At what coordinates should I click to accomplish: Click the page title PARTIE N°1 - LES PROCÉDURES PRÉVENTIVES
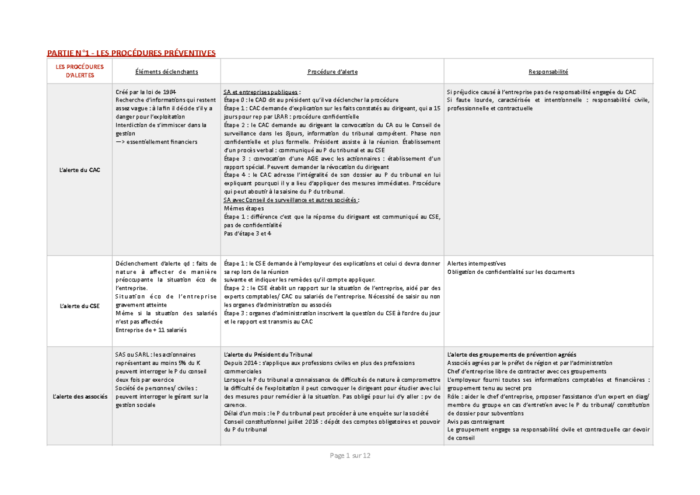[x=131, y=53]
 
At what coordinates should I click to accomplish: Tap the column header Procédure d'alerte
[x=332, y=72]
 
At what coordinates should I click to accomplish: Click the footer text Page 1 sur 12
[x=350, y=455]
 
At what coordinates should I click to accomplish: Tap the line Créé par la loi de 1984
[x=146, y=92]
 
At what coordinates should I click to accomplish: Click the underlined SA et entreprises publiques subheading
[x=262, y=92]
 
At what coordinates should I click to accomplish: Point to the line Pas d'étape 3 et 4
[x=248, y=233]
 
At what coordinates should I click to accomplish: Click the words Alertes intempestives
[x=477, y=263]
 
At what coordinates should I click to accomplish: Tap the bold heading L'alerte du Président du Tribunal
[x=268, y=354]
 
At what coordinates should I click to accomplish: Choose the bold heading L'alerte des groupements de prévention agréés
[x=511, y=354]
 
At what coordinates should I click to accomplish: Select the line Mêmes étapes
[x=243, y=208]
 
